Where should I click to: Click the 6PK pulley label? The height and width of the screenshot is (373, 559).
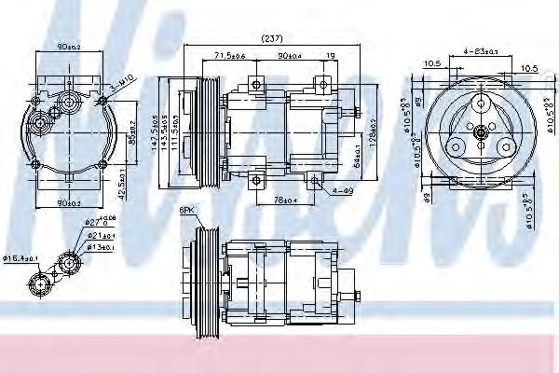[187, 212]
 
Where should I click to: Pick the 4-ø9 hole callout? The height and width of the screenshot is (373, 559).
[342, 192]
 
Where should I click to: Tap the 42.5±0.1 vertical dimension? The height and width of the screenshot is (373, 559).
[126, 173]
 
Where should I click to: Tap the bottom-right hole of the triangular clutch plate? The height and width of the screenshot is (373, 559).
[506, 147]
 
